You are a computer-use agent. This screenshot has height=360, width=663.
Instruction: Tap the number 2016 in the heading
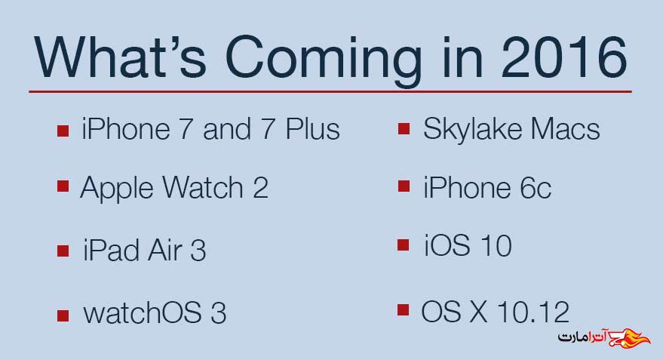coord(564,57)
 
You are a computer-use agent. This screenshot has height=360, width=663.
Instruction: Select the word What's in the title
coord(120,57)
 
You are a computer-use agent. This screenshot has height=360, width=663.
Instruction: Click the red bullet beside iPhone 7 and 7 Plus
coord(63,131)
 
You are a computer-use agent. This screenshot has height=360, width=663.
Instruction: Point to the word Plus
coord(312,128)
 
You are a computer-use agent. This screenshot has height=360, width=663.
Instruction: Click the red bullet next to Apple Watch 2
coord(63,186)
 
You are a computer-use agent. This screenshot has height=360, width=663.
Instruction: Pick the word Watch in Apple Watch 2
coord(203,187)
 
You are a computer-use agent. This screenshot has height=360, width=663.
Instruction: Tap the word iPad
coord(112,250)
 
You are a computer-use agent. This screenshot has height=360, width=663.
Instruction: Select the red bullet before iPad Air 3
coord(63,251)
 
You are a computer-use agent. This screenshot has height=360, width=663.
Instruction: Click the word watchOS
coord(142,313)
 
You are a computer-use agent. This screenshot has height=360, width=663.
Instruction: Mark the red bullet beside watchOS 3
coord(63,315)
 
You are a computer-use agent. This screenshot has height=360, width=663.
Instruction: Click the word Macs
coord(565,128)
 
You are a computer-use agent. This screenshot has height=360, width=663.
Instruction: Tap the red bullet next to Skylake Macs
coord(404,128)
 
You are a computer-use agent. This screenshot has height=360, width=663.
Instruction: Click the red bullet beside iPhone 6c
coord(404,186)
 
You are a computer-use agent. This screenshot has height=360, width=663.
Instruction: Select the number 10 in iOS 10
coord(496,245)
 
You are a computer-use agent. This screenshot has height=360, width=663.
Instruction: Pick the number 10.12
coord(533,312)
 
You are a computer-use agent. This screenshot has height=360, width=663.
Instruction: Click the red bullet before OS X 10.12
coord(404,310)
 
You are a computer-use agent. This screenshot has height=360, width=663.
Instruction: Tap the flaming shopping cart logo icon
coord(629,337)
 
